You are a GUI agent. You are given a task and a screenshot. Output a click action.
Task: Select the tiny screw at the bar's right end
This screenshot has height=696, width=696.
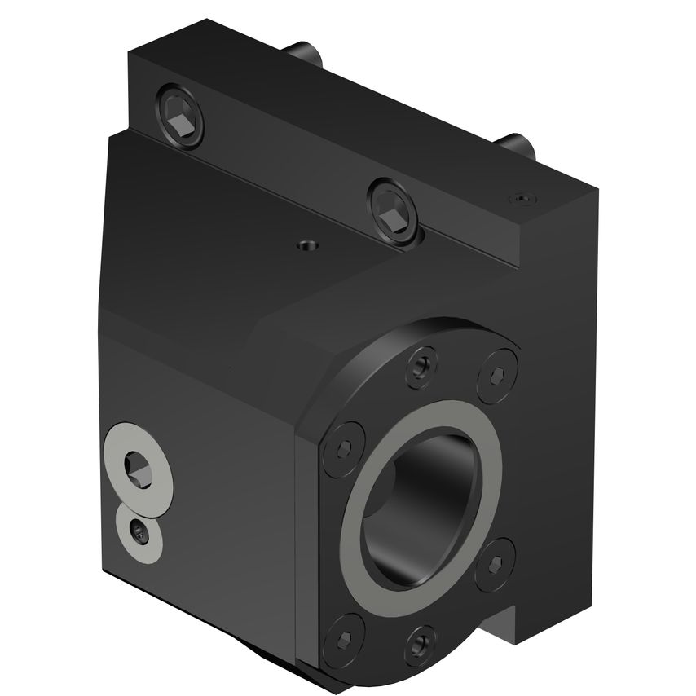click(520, 198)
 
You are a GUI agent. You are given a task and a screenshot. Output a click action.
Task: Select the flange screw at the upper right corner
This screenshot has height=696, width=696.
click(497, 374)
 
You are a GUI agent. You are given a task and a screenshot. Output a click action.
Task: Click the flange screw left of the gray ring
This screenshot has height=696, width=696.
click(341, 447)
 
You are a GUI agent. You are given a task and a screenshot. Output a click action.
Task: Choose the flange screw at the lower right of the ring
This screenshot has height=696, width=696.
click(495, 565)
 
